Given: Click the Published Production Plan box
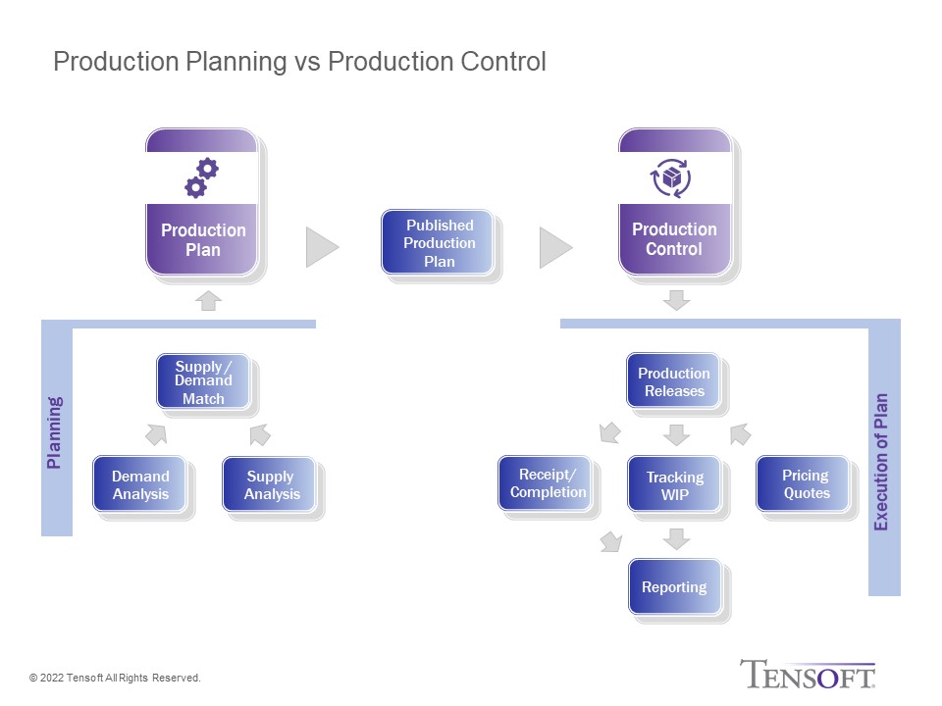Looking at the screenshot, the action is coord(438,242).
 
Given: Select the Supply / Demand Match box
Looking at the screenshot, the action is coord(203,381).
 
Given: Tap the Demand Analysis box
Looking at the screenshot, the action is coord(140,484).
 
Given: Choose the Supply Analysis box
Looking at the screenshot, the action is coord(270,484).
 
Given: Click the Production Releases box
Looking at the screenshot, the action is coord(673,381).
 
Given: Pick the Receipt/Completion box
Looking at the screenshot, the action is coord(546,483).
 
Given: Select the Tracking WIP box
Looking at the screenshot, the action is coord(674,484).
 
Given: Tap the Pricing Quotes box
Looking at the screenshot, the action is coord(804,483).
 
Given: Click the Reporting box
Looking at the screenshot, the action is coord(675,586).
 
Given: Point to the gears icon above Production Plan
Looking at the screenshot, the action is coord(202,177).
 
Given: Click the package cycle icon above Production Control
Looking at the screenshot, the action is coord(670,177).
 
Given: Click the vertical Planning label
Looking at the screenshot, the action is coord(54,432).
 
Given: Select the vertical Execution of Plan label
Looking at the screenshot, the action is coord(881,462).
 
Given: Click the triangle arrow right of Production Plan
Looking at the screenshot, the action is coord(323,247).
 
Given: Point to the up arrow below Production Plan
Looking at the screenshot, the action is coord(208,300).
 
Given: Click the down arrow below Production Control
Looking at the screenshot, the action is coord(676,300).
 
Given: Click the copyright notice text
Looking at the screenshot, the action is coord(115,678).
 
